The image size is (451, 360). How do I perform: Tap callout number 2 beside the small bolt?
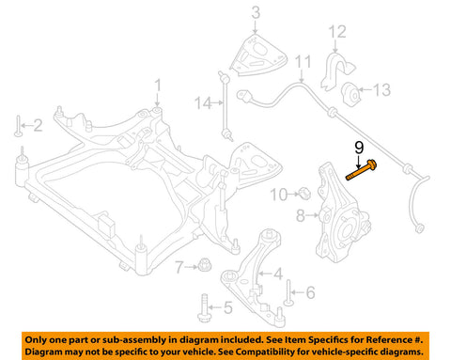[39, 124]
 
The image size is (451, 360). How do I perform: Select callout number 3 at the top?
[254, 12]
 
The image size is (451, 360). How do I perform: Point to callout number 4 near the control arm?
[276, 274]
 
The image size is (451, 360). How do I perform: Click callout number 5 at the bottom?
[226, 307]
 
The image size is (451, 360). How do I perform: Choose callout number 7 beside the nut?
[178, 269]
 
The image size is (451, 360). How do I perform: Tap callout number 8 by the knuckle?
[300, 215]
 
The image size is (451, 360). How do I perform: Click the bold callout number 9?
[358, 147]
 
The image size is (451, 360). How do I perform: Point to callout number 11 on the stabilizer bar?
[300, 63]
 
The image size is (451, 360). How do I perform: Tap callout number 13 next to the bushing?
[381, 90]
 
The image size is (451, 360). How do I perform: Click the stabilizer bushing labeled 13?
[356, 92]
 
